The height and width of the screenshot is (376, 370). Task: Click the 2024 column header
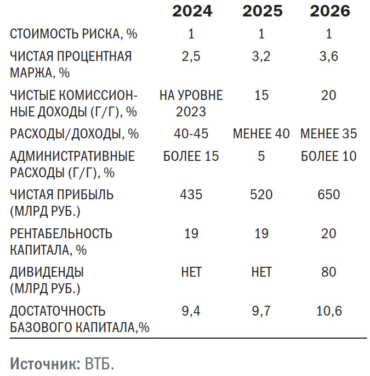(x=192, y=11)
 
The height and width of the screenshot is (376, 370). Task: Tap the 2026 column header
(x=329, y=11)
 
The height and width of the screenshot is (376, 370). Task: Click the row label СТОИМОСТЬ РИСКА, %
(x=74, y=34)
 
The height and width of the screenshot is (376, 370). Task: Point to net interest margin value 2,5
(x=191, y=56)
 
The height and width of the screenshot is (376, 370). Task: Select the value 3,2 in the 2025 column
(x=261, y=56)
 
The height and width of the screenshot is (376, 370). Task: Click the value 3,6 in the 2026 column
(x=329, y=56)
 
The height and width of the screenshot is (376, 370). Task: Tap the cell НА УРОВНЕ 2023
(x=191, y=103)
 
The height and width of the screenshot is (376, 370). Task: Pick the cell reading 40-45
(x=191, y=133)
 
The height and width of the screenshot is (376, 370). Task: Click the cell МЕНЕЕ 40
(x=261, y=133)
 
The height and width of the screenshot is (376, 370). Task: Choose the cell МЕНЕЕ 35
(x=329, y=133)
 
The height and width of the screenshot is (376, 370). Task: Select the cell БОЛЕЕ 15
(x=191, y=156)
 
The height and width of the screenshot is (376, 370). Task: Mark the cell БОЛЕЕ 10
(x=329, y=156)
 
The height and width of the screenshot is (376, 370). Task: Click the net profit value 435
(x=191, y=194)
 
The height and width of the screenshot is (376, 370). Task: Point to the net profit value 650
(x=329, y=194)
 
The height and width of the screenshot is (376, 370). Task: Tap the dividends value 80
(x=329, y=272)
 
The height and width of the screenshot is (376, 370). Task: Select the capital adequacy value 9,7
(x=261, y=311)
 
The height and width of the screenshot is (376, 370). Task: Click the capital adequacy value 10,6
(x=329, y=311)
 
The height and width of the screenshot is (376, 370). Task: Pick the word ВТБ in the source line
(x=99, y=364)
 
